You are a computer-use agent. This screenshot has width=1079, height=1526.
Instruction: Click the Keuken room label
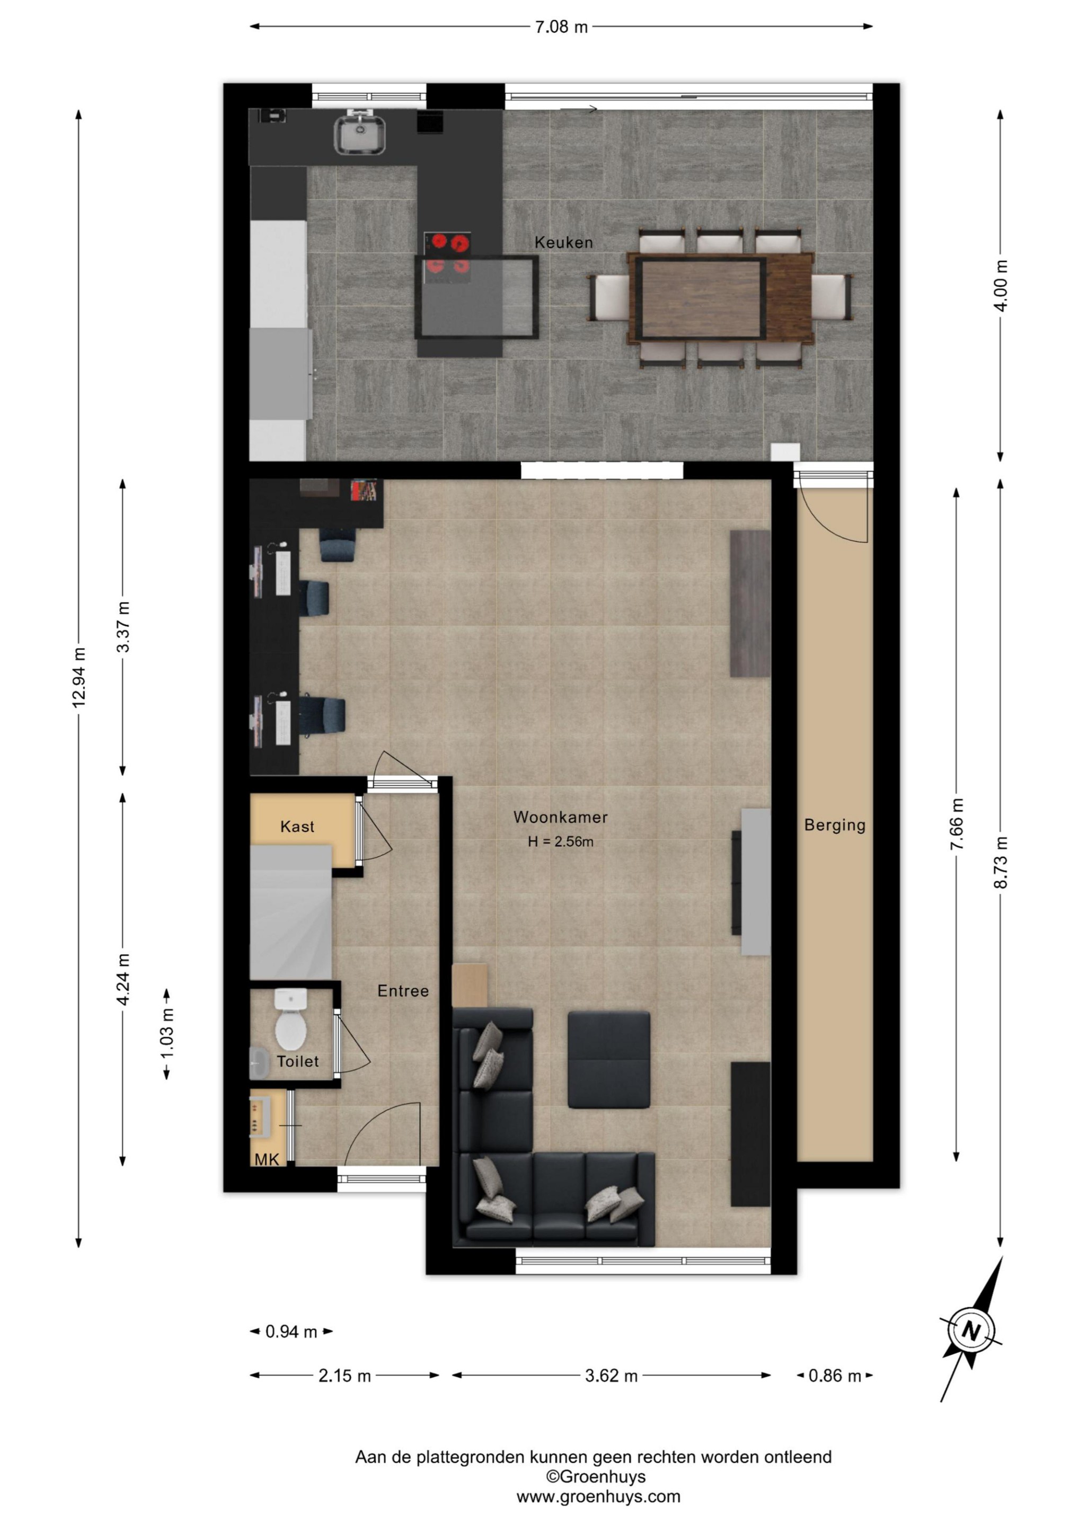coord(563,243)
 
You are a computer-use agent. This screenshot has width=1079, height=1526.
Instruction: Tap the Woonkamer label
coord(561,817)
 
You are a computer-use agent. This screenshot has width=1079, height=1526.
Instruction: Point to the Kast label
coord(297,826)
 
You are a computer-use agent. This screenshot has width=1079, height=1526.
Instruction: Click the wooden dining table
coord(721,297)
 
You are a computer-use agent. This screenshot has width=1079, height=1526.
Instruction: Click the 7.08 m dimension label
coord(561,27)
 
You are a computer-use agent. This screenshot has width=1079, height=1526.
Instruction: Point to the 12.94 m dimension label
coord(79,677)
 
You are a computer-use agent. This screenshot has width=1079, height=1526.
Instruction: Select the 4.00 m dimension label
coord(1002,285)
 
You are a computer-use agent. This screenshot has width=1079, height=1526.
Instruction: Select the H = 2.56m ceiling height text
coord(561,841)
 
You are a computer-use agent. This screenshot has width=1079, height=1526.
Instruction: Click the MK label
coord(267,1160)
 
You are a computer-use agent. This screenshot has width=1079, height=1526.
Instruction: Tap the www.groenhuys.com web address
coord(598,1497)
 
